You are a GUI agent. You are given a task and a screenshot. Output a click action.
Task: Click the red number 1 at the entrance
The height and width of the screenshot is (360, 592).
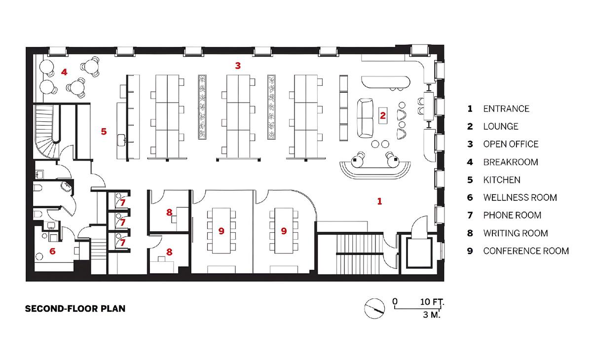379,202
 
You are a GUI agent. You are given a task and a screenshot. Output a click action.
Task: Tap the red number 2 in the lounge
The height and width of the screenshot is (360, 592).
383,115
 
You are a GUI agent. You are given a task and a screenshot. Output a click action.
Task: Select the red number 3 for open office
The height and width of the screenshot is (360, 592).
238,66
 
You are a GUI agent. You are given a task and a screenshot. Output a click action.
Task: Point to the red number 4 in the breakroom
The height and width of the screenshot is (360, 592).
64,72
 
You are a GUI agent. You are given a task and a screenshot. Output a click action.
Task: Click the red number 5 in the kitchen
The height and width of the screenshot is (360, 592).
104,131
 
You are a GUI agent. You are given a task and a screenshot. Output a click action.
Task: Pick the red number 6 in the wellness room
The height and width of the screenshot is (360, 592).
52,251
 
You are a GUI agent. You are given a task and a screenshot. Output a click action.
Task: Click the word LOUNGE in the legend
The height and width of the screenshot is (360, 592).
501,126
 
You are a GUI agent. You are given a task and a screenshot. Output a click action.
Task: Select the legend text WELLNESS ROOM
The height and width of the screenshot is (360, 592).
520,197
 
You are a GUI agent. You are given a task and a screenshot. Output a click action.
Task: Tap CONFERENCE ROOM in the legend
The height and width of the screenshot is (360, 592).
526,251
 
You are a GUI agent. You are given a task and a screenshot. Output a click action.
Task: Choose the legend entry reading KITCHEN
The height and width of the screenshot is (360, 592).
502,180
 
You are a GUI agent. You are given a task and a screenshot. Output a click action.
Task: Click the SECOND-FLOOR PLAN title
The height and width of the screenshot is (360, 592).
75,309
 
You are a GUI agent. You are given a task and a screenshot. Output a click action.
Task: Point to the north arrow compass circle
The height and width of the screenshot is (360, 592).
374,309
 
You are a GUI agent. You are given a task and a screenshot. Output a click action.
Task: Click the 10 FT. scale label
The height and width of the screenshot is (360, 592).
432,302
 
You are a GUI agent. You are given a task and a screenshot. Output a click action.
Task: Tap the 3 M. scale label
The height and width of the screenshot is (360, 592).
432,315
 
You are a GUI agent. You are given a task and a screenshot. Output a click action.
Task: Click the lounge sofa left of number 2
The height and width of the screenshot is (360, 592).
365,118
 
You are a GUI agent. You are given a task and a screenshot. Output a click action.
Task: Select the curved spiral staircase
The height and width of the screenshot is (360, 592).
47,131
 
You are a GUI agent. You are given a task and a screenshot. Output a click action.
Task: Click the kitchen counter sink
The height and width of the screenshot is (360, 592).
121,140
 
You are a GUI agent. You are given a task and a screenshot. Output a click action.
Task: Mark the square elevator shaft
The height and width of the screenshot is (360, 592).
419,253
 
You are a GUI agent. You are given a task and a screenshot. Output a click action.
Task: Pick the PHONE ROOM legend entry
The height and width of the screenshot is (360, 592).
512,215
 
